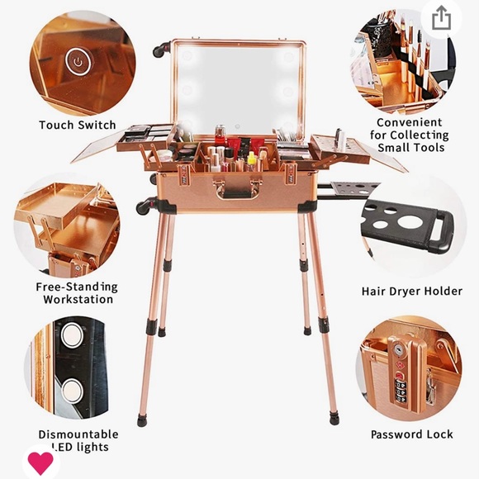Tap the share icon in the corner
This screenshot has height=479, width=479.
coord(442,18)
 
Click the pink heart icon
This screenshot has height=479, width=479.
coord(40,462)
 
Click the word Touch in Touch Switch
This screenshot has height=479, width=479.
coord(56,125)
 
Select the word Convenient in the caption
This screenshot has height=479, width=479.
coord(410,122)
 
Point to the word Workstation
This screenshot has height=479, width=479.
coord(78,299)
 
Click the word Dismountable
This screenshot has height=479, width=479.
coord(78,434)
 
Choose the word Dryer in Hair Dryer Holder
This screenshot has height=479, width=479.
coord(403,292)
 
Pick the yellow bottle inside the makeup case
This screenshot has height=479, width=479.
coord(251,159)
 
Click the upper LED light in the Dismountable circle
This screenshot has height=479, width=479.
coord(72,335)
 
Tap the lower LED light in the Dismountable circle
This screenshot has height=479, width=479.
coord(72,391)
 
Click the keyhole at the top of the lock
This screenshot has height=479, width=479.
coord(398,349)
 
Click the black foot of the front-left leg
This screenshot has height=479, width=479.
coord(141,420)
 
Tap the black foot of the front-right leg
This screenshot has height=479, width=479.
coord(334,420)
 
